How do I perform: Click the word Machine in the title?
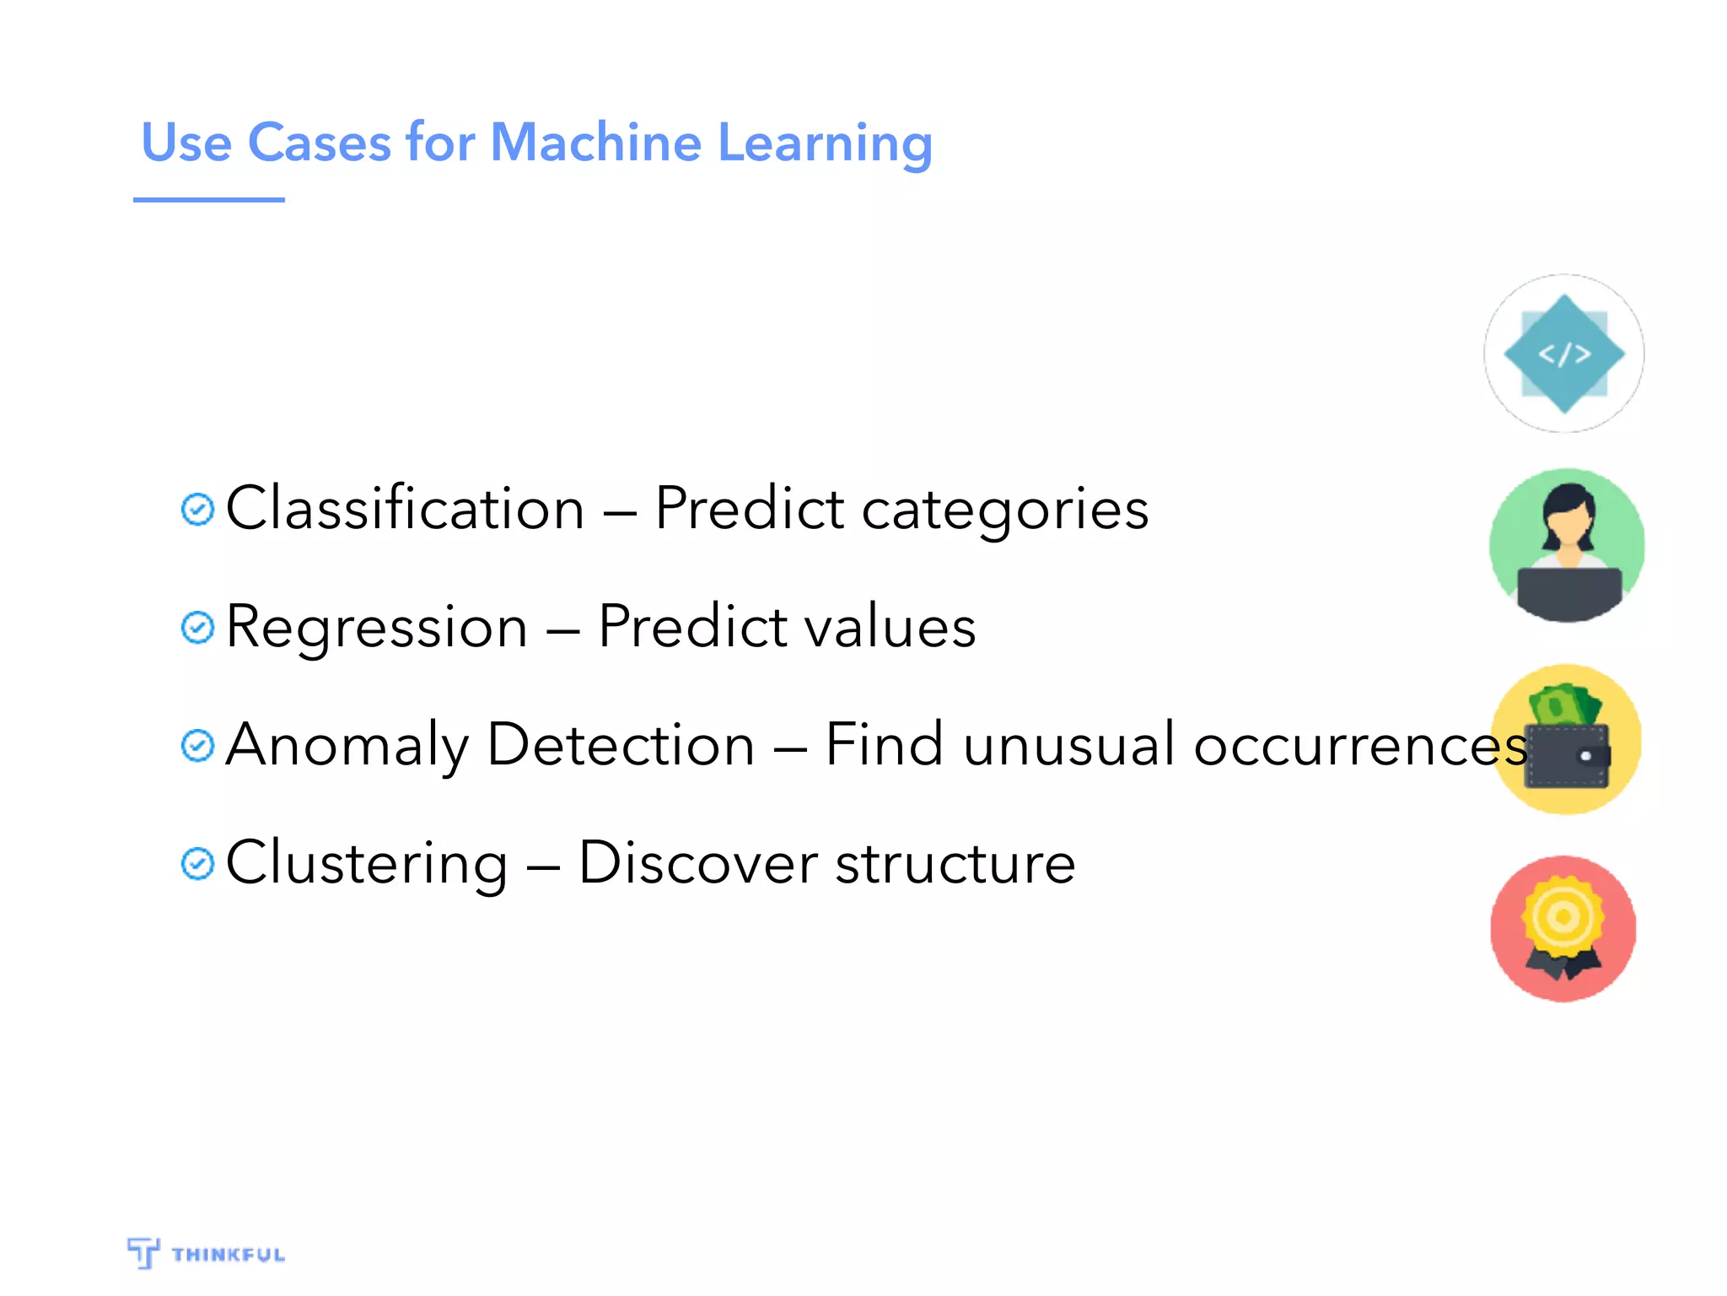[594, 142]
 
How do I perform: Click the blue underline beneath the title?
[208, 200]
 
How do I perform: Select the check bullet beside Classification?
[197, 510]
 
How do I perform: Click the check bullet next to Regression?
[197, 628]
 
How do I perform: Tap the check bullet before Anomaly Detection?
[197, 746]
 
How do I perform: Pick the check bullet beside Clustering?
[197, 864]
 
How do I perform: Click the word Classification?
[405, 509]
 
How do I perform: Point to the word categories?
[1004, 511]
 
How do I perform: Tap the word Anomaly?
[347, 746]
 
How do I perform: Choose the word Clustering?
[367, 864]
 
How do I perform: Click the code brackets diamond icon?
[1564, 354]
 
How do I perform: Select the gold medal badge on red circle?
[1563, 918]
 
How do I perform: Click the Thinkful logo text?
[228, 1255]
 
